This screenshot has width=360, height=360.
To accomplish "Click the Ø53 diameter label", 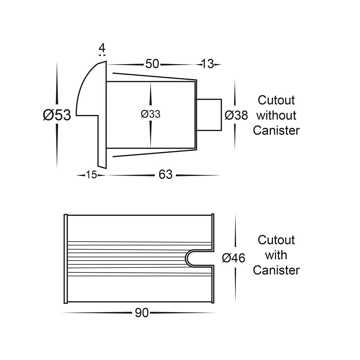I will (57, 115).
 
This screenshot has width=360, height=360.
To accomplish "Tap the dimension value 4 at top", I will (102, 48).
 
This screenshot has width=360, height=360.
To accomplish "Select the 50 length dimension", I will (152, 64).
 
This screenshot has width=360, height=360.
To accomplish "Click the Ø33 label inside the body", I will (151, 114).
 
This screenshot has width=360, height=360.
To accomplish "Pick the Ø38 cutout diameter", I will (236, 115).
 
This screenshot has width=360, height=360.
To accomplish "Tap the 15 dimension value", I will (91, 175).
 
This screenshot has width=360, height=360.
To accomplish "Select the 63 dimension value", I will (166, 175).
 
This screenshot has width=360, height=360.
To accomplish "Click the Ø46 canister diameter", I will (233, 258).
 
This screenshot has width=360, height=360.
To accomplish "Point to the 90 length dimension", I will (142, 313).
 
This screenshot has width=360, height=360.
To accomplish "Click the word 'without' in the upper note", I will (276, 115).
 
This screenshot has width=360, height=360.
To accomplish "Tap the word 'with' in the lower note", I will (276, 255).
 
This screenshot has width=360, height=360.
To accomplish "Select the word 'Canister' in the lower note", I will (276, 270).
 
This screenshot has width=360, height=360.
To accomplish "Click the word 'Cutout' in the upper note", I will (276, 100).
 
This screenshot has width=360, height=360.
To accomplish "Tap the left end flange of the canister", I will (66, 258).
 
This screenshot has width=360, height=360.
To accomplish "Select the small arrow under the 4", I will (102, 55).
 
